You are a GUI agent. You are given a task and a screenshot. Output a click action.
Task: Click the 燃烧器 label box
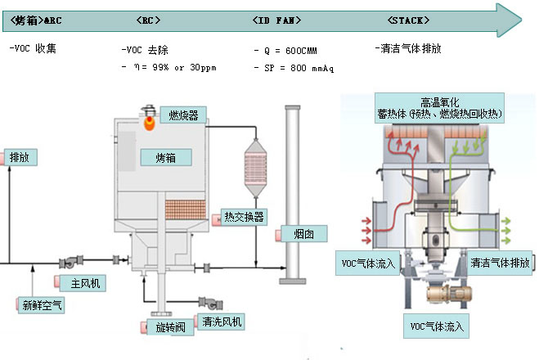point(183,115)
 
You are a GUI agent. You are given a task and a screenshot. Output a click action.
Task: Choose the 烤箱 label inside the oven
point(166,156)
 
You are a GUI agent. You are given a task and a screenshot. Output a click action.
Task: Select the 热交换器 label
point(244,217)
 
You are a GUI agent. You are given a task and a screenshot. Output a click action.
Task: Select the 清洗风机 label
point(219,322)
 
